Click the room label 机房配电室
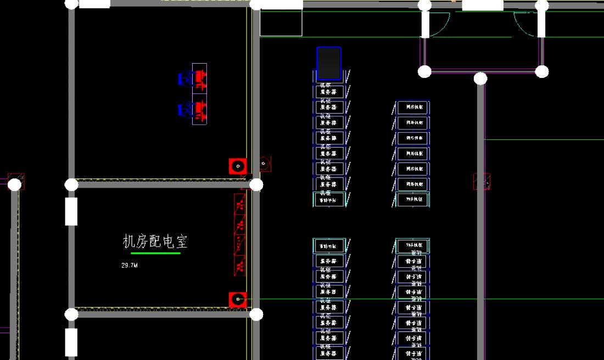point(156,241)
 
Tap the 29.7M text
point(129,266)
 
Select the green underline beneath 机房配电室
point(155,253)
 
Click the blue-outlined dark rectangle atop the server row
point(329,64)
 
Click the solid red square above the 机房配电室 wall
point(237,166)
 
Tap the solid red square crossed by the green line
point(237,300)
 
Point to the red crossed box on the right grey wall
point(482,182)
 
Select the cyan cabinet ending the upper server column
point(329,200)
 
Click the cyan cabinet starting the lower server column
point(329,246)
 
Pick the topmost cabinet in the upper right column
point(412,108)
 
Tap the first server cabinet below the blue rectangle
point(329,91)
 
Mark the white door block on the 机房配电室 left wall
point(71,211)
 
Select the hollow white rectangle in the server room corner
point(281,23)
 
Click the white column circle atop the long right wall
point(480,78)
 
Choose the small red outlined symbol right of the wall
point(265,164)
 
